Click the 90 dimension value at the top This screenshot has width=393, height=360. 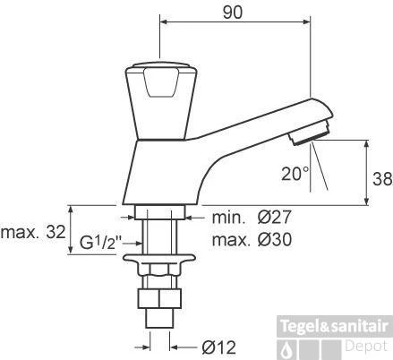[x=233, y=13]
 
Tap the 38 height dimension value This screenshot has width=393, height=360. [x=382, y=179]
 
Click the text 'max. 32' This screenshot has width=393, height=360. [x=33, y=232]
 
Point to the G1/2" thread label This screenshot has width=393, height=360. [x=101, y=243]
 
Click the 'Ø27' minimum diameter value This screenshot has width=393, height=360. [x=274, y=218]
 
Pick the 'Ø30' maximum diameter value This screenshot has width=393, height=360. [x=275, y=240]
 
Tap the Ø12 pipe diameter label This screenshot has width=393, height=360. [x=218, y=347]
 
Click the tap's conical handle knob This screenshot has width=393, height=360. [x=158, y=100]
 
